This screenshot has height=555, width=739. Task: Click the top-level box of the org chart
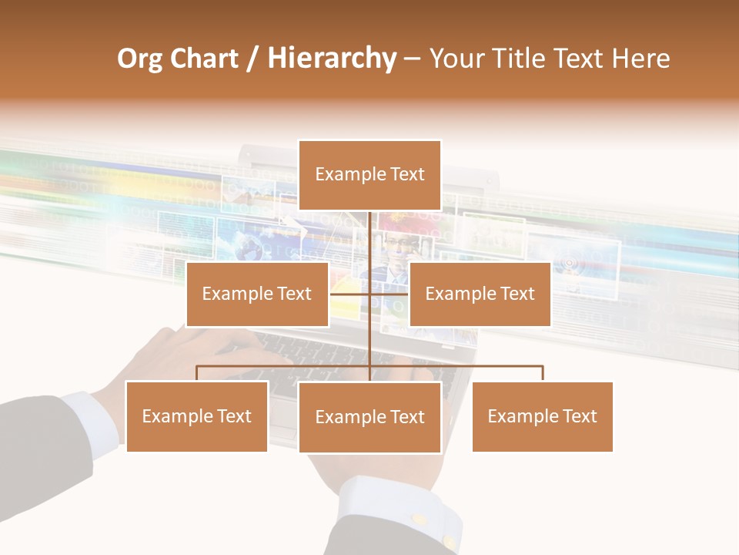tap(369, 175)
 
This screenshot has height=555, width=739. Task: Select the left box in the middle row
tap(257, 294)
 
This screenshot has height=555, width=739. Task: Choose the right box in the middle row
tap(480, 294)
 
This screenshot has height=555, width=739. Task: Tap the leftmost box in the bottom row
tap(197, 416)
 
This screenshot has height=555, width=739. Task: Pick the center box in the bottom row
tap(369, 417)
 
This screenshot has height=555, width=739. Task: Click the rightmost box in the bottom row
tap(542, 416)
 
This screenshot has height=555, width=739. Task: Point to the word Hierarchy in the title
tap(331, 59)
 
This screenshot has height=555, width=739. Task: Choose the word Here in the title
tap(640, 59)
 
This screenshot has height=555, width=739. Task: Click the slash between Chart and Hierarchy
tap(252, 59)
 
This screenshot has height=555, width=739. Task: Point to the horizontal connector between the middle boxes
tap(369, 294)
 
